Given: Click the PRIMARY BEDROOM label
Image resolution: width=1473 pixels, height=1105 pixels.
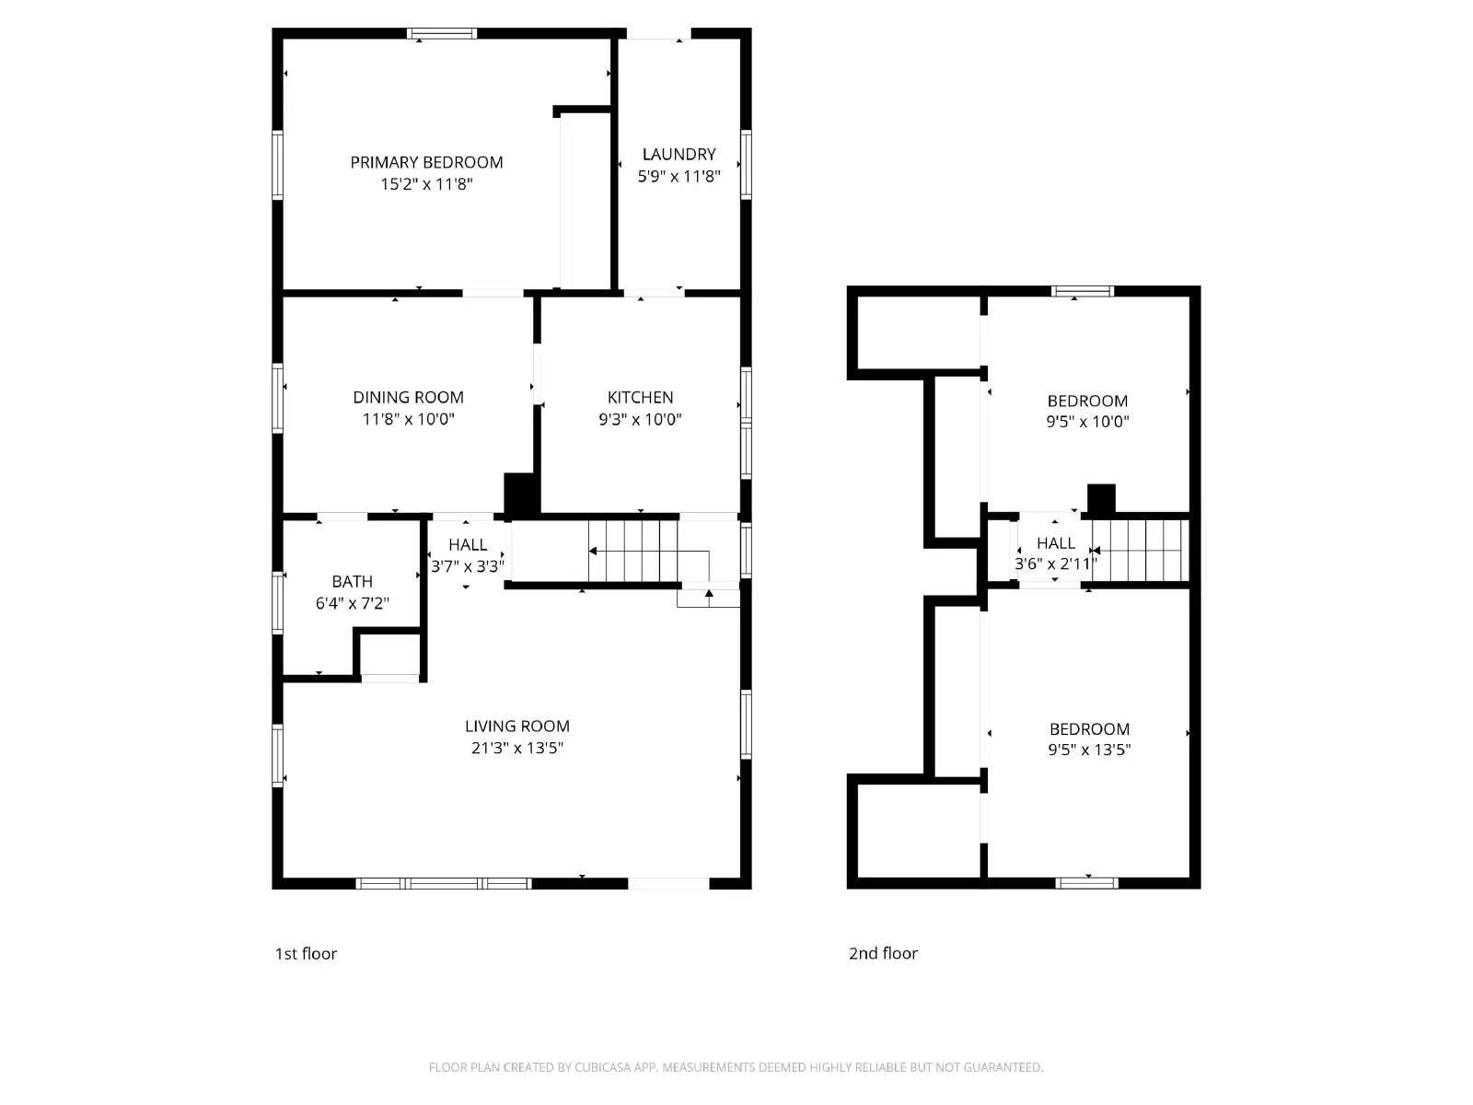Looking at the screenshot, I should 426,162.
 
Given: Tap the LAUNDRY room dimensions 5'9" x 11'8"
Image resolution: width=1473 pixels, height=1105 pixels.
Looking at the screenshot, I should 679,176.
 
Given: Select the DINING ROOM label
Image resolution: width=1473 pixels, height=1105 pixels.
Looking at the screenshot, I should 408,397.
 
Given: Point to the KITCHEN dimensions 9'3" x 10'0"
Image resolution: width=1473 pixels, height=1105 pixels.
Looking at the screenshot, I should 640,419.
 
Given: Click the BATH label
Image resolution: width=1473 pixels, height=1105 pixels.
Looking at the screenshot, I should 352,581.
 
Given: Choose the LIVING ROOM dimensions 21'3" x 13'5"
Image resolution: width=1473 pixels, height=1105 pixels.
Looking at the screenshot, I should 516,748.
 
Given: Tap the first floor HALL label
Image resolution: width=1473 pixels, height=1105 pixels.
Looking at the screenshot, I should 468,544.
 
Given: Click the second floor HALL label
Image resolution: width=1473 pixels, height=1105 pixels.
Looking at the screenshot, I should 1055,542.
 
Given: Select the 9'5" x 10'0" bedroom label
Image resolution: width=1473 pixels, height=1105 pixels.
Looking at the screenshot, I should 1087,401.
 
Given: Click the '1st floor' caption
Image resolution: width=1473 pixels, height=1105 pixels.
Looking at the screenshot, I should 306,953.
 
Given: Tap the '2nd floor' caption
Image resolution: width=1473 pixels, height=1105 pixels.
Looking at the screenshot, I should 883,953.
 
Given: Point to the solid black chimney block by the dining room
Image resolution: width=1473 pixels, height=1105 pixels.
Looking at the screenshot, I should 521,494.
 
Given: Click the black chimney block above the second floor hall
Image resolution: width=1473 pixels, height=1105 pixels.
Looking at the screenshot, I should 1101,499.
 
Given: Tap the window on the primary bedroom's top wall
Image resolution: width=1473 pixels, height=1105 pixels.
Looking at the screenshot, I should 442,34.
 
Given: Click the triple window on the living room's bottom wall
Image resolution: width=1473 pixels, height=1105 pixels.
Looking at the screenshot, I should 443,883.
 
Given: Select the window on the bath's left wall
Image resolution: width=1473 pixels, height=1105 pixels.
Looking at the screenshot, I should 277,602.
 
